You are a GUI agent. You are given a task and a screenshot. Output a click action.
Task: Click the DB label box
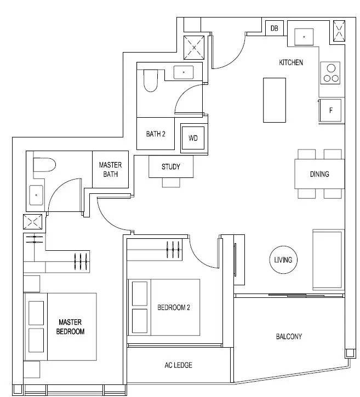point(275,28)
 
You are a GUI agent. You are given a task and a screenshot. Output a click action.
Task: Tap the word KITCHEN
point(291,62)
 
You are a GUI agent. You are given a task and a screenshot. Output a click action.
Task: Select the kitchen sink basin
point(304,37)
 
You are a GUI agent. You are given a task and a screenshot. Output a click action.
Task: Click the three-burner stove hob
point(330,73)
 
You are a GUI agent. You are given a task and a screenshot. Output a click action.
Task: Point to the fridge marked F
point(330,111)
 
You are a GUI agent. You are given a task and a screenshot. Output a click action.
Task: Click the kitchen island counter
point(275,100)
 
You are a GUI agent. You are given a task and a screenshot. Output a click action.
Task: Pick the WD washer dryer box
point(193,138)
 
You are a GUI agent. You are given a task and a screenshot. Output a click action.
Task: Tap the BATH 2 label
point(156,134)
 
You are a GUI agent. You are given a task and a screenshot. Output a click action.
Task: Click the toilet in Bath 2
point(151,80)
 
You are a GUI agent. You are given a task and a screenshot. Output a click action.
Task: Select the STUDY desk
point(171,166)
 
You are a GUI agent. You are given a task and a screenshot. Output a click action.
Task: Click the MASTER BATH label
point(111,170)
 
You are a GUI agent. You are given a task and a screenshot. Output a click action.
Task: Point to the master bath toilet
point(44,165)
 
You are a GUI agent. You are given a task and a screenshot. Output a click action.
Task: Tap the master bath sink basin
point(36,195)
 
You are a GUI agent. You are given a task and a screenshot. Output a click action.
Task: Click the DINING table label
point(319,174)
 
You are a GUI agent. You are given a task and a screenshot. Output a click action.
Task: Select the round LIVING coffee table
point(283,260)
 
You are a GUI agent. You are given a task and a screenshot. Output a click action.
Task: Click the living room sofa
point(328,260)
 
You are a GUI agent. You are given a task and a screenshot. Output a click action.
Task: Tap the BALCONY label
point(289,336)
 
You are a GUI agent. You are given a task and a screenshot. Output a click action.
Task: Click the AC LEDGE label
point(178,365)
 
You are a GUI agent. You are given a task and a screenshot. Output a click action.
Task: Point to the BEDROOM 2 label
point(174,307)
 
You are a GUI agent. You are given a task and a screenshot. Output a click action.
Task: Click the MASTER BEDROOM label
point(70,327)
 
